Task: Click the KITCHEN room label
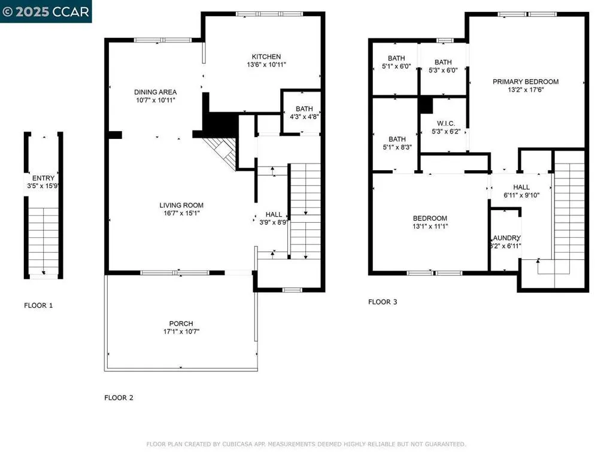(x=266, y=56)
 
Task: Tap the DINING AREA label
(x=155, y=92)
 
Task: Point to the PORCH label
(x=181, y=323)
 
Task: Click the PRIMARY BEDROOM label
(x=526, y=81)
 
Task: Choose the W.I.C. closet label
(x=443, y=123)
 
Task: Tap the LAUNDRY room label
(x=506, y=238)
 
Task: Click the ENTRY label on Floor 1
(x=43, y=178)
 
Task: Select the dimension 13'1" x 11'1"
(x=430, y=226)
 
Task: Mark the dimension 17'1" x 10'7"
(x=181, y=331)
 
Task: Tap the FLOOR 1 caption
(x=38, y=305)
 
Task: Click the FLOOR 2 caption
(x=119, y=398)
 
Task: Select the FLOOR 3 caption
(x=383, y=302)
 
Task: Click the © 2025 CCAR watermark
(x=46, y=11)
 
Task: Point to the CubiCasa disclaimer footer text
(x=306, y=444)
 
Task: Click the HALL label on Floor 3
(x=521, y=187)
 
